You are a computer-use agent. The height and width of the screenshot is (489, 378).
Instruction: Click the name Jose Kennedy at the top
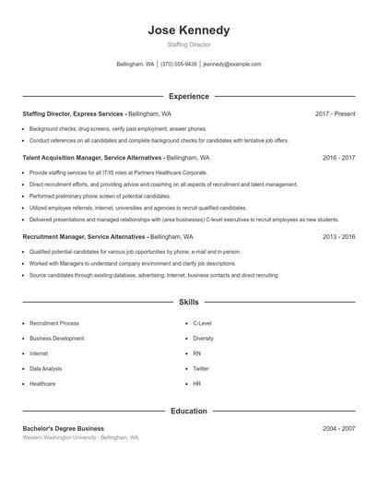pos(189,30)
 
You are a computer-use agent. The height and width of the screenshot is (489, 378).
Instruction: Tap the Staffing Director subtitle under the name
pos(189,45)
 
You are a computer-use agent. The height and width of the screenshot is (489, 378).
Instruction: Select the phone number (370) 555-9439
pos(179,65)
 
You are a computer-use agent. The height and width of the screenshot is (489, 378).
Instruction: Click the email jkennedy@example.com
pos(232,65)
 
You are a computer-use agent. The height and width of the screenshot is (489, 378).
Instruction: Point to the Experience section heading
pos(189,96)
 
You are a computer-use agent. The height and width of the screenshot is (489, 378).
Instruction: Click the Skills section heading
pos(189,302)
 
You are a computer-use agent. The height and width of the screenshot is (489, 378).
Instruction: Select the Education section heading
pos(189,411)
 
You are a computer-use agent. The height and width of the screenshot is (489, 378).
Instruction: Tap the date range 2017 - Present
pos(335,113)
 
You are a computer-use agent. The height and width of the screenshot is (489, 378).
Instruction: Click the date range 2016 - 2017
pos(338,158)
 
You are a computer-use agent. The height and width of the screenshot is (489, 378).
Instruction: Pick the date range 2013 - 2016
pos(338,236)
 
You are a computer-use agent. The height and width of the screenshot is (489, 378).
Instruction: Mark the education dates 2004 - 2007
pos(338,428)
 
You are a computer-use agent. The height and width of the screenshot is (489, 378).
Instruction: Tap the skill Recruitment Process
pos(54,324)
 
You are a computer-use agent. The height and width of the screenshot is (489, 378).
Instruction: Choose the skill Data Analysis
pos(46,368)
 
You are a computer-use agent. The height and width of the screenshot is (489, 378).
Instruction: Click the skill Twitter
pos(201,368)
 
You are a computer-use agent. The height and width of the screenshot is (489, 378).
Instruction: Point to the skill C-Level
pos(202,324)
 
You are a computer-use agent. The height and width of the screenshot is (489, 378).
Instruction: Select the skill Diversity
pos(203,339)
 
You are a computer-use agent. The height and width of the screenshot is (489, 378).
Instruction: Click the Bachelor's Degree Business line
pos(64,428)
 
